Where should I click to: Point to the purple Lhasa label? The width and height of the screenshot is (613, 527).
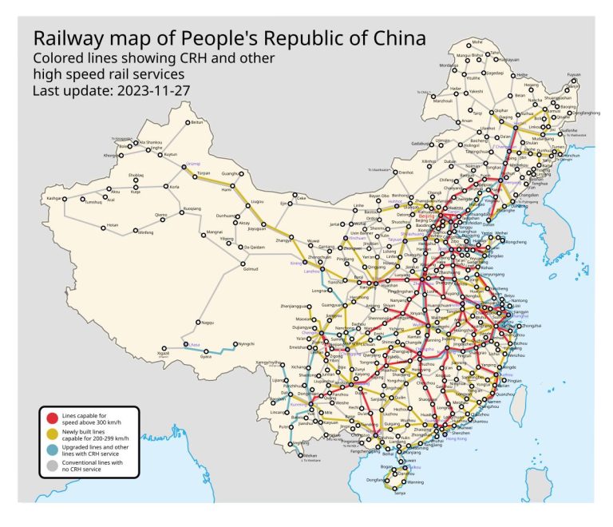tap(192, 344)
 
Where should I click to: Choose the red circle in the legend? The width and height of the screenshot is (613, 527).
tap(52, 418)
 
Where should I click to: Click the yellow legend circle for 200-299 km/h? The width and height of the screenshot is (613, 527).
tap(52, 434)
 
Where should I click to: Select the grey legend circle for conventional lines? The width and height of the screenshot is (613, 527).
tap(52, 466)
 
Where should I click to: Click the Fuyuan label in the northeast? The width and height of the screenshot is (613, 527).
tap(573, 74)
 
